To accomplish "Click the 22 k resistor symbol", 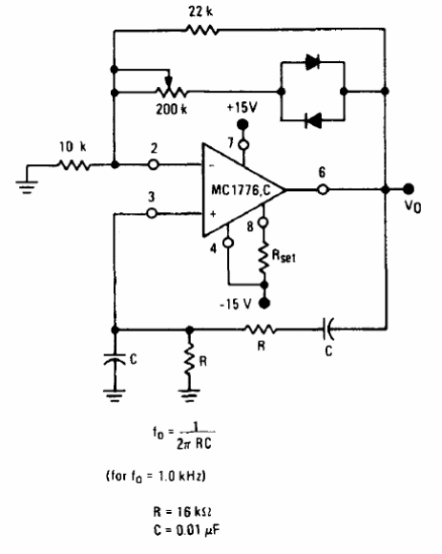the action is (202, 30).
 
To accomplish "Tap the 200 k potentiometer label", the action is (172, 109).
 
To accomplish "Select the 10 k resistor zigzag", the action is (74, 165).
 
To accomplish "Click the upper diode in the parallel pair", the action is (312, 62).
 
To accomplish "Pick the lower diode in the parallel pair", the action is (313, 120).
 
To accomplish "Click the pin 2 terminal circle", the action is (153, 164).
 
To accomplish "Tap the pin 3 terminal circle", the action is (152, 213).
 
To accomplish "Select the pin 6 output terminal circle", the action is (323, 190).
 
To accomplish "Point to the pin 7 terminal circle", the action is (242, 144).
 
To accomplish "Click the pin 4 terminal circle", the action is (228, 243).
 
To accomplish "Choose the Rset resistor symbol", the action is (263, 259).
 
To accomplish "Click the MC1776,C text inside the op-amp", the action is (241, 190).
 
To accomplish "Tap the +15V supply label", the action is (242, 107).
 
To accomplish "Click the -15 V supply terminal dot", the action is (264, 303).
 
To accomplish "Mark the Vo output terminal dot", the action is (409, 189).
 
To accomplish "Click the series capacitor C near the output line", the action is (326, 330).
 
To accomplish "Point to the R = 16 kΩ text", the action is (182, 511).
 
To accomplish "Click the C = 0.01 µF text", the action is (187, 529).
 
